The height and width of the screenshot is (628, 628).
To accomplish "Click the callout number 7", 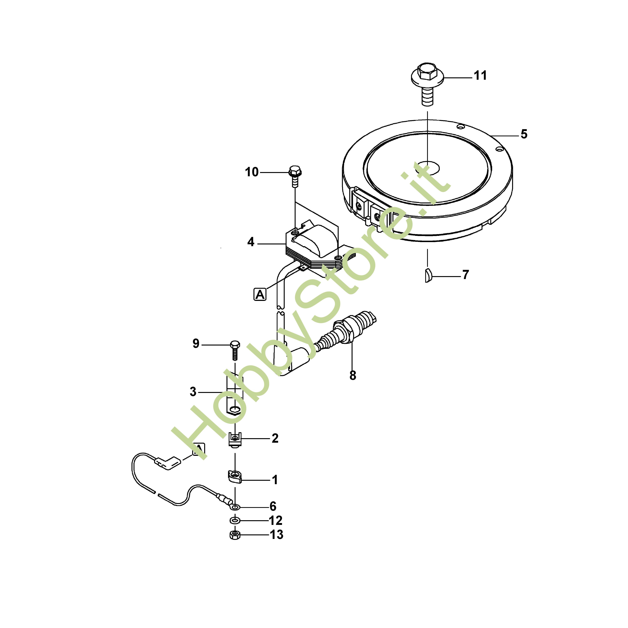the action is pyautogui.click(x=466, y=275).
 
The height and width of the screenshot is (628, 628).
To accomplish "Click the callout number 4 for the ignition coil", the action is pyautogui.click(x=251, y=242).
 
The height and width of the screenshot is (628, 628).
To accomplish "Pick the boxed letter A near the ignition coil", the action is pyautogui.click(x=260, y=295).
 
